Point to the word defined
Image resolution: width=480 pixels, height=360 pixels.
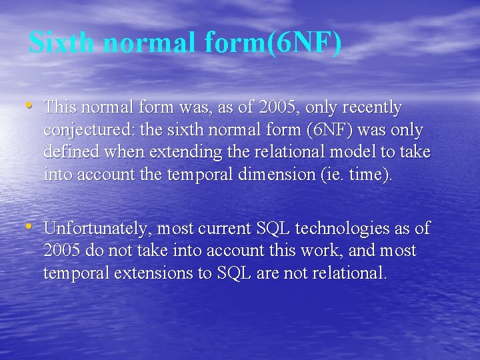click(70, 153)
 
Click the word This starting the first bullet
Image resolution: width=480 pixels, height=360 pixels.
click(63, 107)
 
